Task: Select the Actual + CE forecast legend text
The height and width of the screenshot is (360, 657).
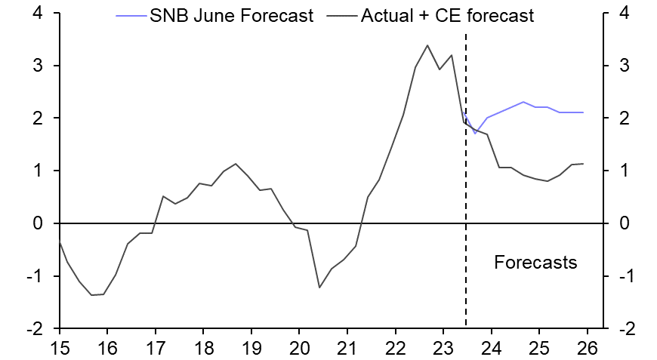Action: coord(448,16)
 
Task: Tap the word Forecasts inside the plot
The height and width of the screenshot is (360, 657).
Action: coord(535,263)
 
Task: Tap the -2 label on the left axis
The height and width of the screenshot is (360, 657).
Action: coord(32,329)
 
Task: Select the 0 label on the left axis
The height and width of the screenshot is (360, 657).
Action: coord(37,224)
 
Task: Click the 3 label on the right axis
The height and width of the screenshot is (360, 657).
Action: coord(624,66)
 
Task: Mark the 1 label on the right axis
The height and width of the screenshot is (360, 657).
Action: coord(624,171)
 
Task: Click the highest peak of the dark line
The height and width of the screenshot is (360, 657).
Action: coord(427,45)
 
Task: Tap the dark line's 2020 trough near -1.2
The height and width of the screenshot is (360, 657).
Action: coord(319,288)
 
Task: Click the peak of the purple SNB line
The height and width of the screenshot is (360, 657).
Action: coord(523,102)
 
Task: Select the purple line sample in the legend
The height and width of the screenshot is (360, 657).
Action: coord(126,16)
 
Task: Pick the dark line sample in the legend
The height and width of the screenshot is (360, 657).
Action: coord(343,16)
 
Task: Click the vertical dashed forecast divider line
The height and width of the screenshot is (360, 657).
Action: coord(465,189)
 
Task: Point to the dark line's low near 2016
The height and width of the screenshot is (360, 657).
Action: coord(92,295)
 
